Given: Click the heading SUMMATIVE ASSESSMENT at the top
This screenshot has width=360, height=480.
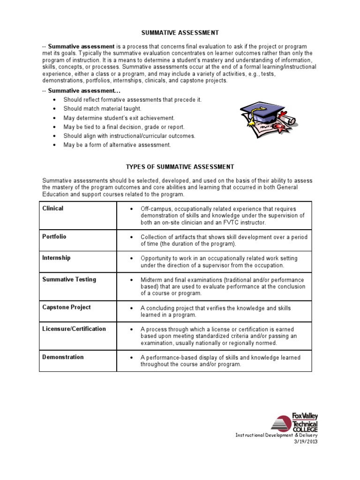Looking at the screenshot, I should tap(180, 33).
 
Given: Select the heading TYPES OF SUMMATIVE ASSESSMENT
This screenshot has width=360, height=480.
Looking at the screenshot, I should tap(180, 166).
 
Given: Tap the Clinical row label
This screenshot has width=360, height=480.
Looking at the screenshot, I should tap(53, 208).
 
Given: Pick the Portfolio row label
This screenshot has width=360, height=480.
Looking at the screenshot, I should tap(54, 236).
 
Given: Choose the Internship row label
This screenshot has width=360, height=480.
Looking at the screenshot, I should tap(56, 258).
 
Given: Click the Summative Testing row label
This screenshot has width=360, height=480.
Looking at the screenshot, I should tap(69, 279).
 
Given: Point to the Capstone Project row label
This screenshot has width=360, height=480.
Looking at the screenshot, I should tap(67, 307).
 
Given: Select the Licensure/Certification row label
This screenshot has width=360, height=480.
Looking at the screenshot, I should tap(74, 329).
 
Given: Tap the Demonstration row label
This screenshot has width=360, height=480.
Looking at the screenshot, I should tap(63, 357).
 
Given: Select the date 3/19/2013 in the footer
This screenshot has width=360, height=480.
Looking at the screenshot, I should tap(306, 441).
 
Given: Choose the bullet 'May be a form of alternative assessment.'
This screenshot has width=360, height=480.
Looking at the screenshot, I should tap(117, 145).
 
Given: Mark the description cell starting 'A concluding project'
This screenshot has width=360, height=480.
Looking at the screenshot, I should tap(216, 311).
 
